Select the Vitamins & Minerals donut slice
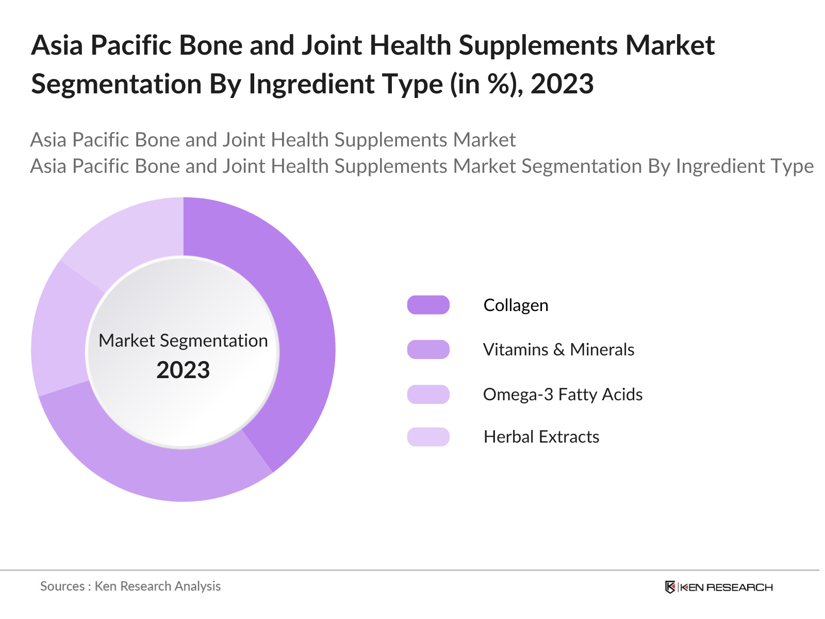click(x=151, y=466)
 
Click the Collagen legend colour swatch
click(x=428, y=305)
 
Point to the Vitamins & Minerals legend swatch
click(x=428, y=350)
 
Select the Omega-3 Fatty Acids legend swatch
click(x=428, y=394)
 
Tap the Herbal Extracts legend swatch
click(x=428, y=437)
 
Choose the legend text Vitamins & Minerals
click(x=558, y=350)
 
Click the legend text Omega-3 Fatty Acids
click(x=563, y=395)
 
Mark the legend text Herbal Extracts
click(x=541, y=437)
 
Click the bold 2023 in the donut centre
click(x=183, y=370)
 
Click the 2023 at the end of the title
click(x=562, y=84)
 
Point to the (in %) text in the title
click(x=487, y=84)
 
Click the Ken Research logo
click(x=719, y=587)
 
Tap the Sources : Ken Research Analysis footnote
click(x=130, y=587)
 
